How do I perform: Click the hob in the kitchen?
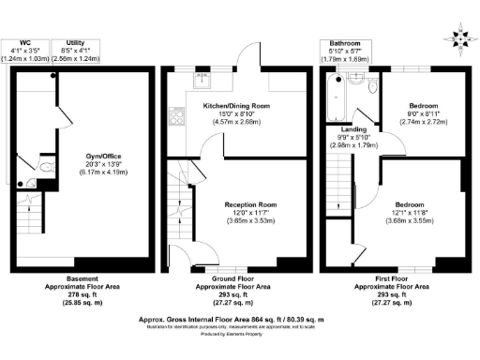click(175, 118)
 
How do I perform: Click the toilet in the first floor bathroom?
click(371, 88)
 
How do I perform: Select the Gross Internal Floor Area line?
click(240, 320)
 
